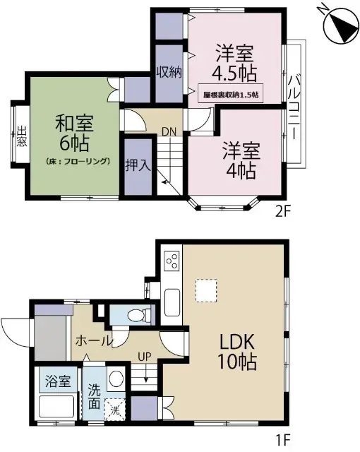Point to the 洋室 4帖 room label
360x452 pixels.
tap(241, 160)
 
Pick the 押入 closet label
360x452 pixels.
tap(138, 167)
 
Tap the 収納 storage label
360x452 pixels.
tap(170, 71)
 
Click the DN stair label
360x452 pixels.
tap(169, 131)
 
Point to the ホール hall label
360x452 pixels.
tap(95, 341)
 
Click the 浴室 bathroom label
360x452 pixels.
tap(58, 382)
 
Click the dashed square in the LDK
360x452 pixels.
tap(205, 290)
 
